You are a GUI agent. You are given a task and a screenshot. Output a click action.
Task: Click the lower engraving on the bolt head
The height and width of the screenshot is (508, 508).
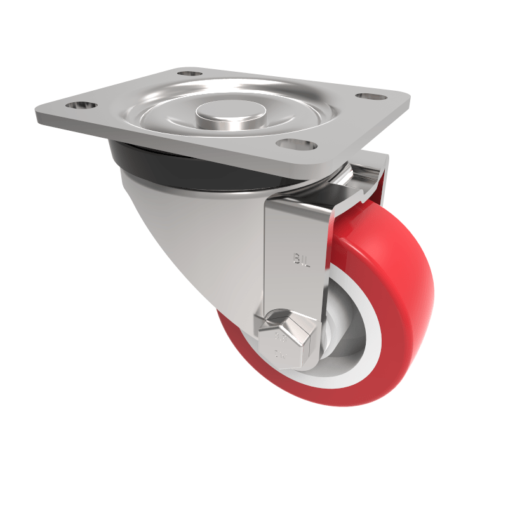click(x=279, y=354)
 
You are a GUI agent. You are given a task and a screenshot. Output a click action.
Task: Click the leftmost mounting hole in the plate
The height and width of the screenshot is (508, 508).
click(x=81, y=105)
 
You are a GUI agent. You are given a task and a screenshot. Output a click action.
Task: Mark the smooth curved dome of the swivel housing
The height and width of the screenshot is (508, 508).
click(x=190, y=241)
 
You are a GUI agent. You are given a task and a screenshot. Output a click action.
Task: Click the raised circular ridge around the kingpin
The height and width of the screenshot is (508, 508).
click(x=159, y=114)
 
